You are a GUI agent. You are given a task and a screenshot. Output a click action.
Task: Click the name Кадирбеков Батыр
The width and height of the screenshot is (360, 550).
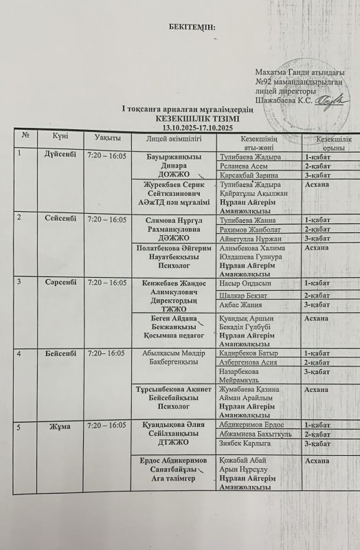pyautogui.click(x=246, y=353)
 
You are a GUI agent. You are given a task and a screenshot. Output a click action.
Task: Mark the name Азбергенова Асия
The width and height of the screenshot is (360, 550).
pyautogui.click(x=247, y=362)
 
